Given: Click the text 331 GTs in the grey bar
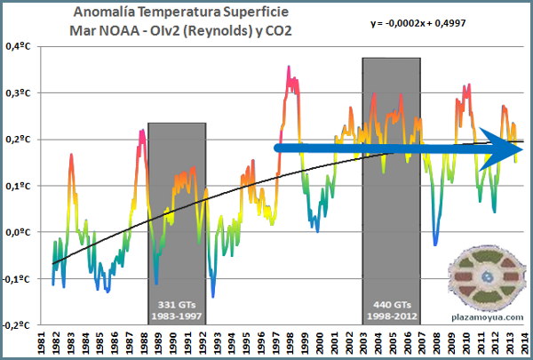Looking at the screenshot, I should pyautogui.click(x=176, y=302).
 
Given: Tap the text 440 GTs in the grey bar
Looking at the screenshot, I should pyautogui.click(x=391, y=302).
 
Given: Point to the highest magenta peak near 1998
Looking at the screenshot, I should pyautogui.click(x=289, y=68).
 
